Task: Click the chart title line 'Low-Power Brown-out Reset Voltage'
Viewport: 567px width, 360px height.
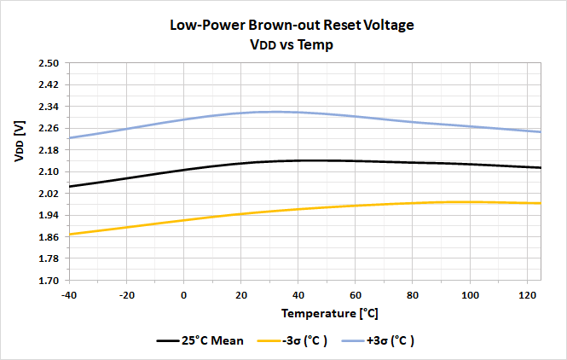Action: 292,25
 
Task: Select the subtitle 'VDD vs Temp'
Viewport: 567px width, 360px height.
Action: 292,44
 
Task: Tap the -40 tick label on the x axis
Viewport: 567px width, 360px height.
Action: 70,294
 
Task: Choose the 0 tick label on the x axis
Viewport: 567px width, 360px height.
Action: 184,294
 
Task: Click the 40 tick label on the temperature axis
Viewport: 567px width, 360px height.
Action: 298,294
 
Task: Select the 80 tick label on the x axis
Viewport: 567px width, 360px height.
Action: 413,294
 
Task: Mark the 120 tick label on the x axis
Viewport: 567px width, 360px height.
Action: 526,294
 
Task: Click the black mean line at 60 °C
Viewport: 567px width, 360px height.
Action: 356,161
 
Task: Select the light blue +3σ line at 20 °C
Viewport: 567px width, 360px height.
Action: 241,113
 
